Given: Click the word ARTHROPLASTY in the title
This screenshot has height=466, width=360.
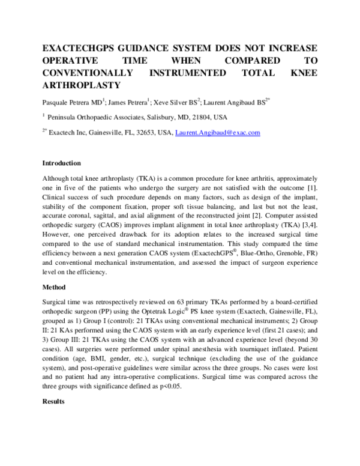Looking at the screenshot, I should (80, 85).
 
